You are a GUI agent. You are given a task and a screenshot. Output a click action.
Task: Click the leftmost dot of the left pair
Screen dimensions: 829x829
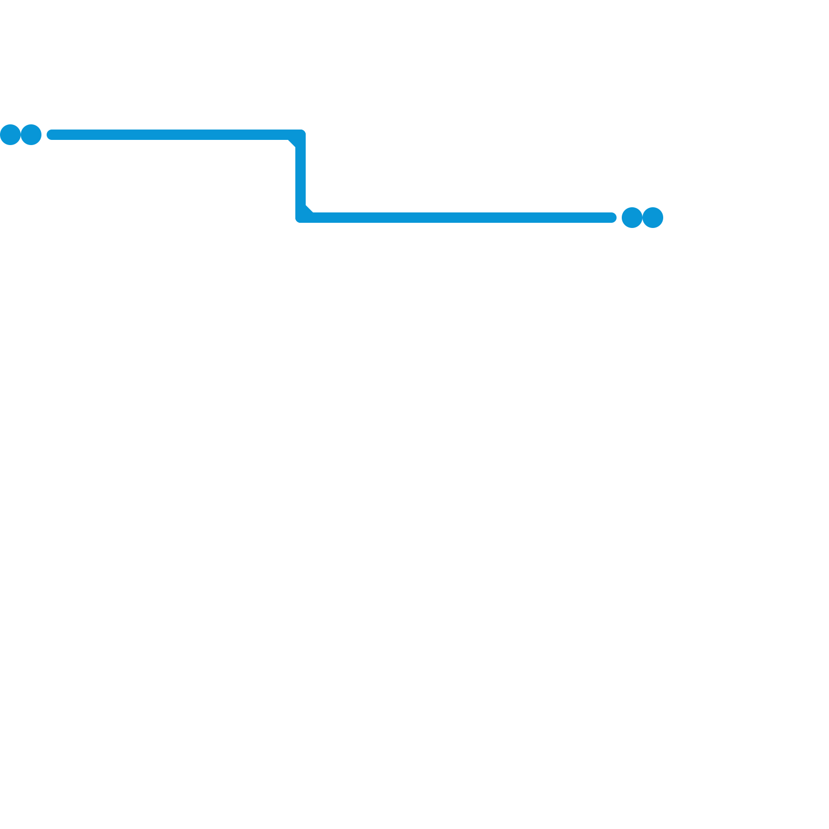click(x=10, y=135)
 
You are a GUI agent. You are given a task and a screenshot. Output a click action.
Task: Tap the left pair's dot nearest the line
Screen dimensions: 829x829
click(x=31, y=135)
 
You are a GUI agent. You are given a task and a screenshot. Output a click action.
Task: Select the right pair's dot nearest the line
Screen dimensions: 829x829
click(x=632, y=218)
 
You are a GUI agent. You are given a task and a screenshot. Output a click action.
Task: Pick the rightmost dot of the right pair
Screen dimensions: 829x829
click(x=653, y=218)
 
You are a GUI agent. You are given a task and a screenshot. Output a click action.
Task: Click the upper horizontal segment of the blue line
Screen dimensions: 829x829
click(x=171, y=135)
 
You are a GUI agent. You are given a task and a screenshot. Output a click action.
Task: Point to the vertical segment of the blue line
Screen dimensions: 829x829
click(x=301, y=176)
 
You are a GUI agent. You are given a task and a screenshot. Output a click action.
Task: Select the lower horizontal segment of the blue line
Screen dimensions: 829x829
click(x=461, y=218)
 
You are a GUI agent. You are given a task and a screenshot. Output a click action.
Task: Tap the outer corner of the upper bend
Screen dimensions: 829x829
click(x=304, y=132)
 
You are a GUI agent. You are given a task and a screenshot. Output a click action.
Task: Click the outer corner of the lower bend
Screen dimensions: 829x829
click(x=297, y=221)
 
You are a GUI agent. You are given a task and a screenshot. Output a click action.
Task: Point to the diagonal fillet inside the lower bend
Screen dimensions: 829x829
click(x=308, y=210)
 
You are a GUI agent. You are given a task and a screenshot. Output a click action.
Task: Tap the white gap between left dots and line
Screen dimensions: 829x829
click(x=44, y=135)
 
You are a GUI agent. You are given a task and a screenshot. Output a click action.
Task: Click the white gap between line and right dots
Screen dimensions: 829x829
click(x=619, y=218)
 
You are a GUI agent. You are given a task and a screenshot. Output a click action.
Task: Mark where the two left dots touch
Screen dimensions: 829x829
click(x=21, y=135)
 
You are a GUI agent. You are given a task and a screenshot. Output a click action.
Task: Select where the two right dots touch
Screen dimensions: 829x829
click(x=642, y=218)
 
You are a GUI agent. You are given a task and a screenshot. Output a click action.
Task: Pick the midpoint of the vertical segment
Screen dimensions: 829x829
click(x=301, y=176)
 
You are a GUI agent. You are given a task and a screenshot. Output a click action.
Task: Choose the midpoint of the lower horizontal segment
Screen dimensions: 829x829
click(x=456, y=218)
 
